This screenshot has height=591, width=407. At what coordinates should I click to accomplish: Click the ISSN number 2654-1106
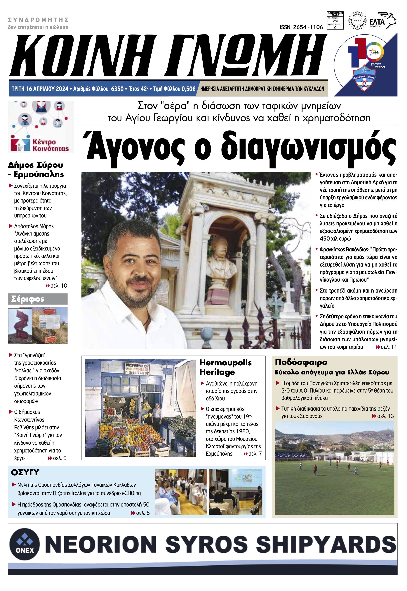301,27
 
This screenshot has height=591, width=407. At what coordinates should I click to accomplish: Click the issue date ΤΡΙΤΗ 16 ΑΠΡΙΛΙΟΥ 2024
40,89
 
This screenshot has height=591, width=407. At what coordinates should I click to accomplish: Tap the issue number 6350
117,89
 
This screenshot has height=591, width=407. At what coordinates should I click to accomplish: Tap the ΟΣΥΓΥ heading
25,472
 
